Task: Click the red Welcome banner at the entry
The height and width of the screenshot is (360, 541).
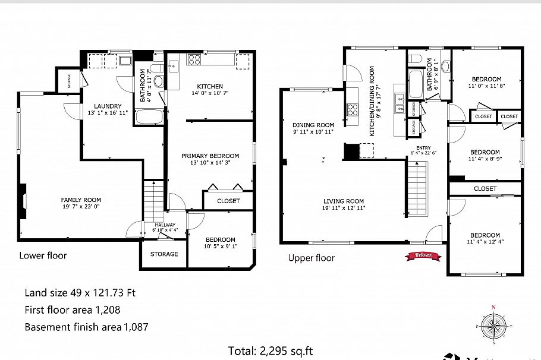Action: coord(423,256)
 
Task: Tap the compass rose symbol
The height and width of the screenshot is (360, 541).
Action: coord(492,325)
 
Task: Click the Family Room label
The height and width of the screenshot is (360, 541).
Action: coord(81,200)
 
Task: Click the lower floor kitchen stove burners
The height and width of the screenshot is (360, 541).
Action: coord(194,59)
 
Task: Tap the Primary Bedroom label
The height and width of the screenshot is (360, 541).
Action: coord(210,156)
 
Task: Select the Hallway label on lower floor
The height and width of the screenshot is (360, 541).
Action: coord(165,225)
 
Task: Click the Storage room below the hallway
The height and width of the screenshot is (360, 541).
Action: coord(163,254)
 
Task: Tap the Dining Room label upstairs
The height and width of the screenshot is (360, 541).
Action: coord(313,125)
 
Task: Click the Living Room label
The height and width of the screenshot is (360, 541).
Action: coord(344,201)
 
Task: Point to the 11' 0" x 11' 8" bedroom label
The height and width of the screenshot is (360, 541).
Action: coord(486,80)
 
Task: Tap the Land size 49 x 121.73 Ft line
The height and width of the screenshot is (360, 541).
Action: coord(80,292)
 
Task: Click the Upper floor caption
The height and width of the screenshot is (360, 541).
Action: coord(311,258)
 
